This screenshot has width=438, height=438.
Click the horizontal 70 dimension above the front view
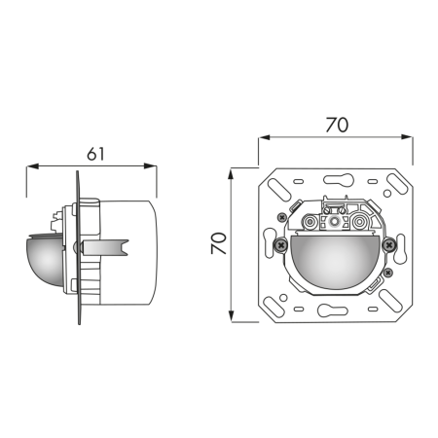(x=336, y=125)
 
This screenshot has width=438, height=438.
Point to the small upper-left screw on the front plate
(x=282, y=215)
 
